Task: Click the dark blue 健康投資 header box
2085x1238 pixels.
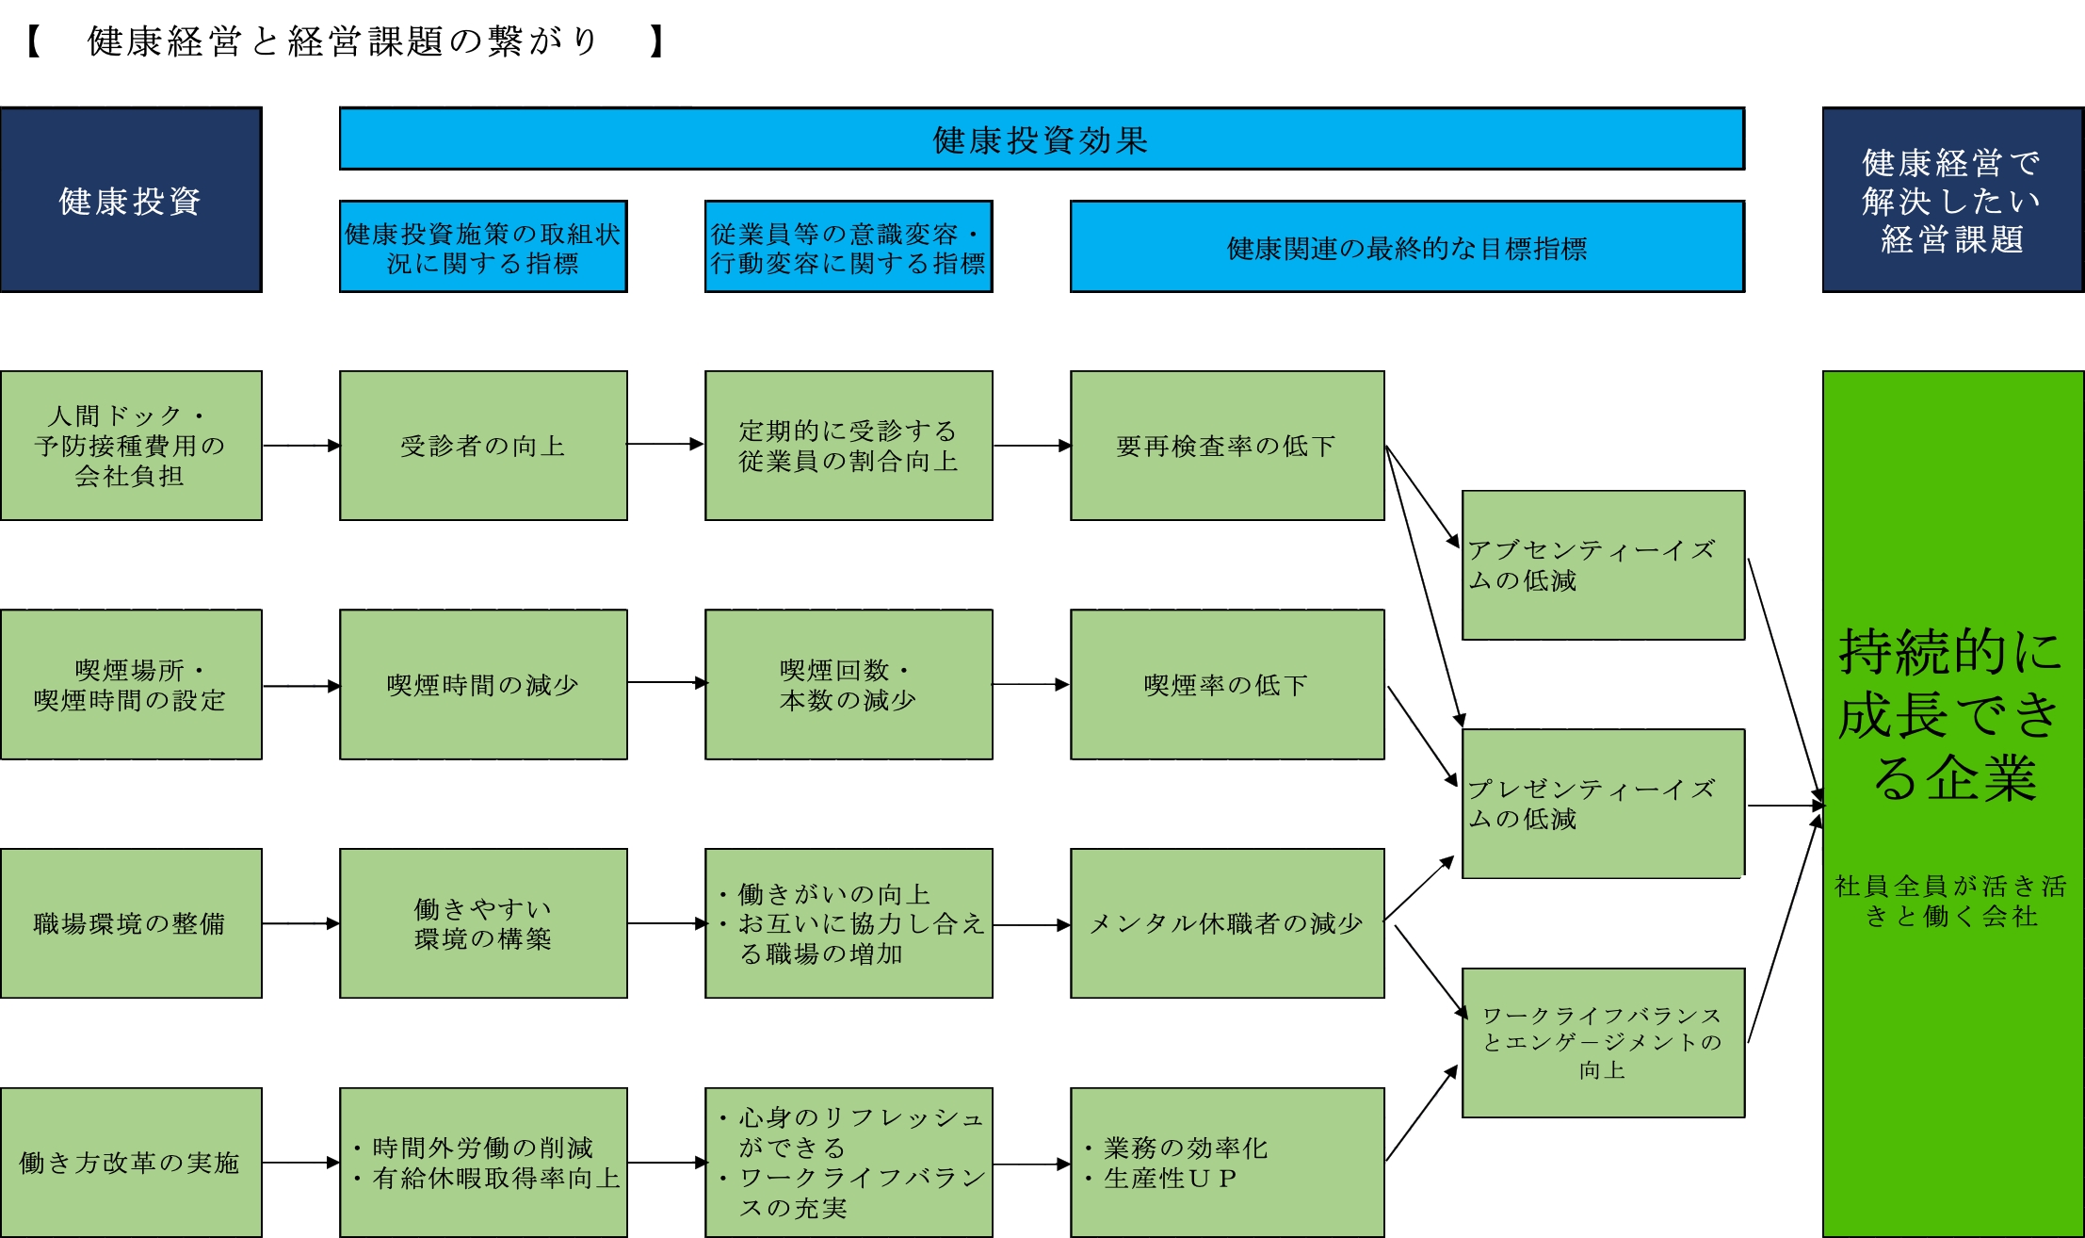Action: coord(131,200)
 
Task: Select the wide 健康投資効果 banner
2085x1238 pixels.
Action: coord(1041,139)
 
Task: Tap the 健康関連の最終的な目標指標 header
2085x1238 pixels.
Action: coord(1407,247)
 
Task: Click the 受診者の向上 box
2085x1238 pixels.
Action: coord(483,446)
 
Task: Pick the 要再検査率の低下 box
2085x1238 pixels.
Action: coord(1227,446)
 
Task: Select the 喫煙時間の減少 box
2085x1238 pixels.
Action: coord(483,685)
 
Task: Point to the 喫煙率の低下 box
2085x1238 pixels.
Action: coord(1227,685)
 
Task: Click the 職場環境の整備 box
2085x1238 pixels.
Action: coord(131,923)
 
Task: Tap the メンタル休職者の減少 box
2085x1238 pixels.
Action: coord(1227,923)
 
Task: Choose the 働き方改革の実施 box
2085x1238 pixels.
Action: coord(131,1163)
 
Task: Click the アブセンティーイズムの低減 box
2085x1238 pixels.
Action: coord(1603,565)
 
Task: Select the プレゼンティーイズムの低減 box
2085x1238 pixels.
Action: coord(1603,804)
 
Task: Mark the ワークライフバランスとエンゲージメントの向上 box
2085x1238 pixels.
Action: coord(1603,1043)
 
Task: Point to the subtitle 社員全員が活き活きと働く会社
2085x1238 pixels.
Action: coord(1951,901)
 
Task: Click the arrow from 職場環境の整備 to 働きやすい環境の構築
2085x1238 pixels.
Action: coord(300,923)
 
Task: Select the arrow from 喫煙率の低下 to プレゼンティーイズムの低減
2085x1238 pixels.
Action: coord(1422,735)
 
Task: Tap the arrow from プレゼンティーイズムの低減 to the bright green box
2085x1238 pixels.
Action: coord(1785,806)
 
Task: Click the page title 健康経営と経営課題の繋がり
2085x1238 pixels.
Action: coord(344,41)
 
